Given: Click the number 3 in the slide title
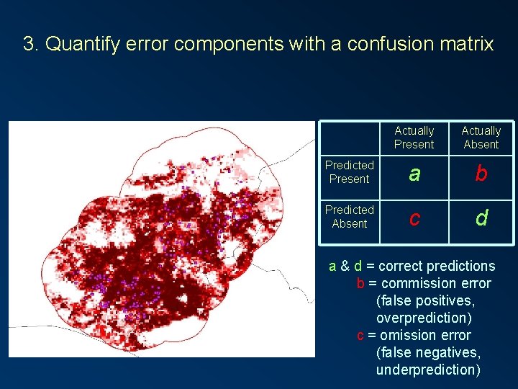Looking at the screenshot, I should [29, 44].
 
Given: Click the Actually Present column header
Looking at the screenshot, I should [414, 138].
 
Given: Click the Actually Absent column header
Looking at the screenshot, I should [481, 138].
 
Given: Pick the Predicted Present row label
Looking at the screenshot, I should [349, 172].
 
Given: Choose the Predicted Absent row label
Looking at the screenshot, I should [349, 217].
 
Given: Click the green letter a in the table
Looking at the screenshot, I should [414, 174].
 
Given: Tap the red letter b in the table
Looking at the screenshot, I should [481, 174].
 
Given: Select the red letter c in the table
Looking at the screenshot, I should [414, 218].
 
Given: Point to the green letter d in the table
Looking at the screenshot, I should [481, 218].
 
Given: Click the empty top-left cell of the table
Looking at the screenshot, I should [349, 138].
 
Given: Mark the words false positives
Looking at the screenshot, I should [425, 300].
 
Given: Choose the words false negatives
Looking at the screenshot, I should [427, 352].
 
